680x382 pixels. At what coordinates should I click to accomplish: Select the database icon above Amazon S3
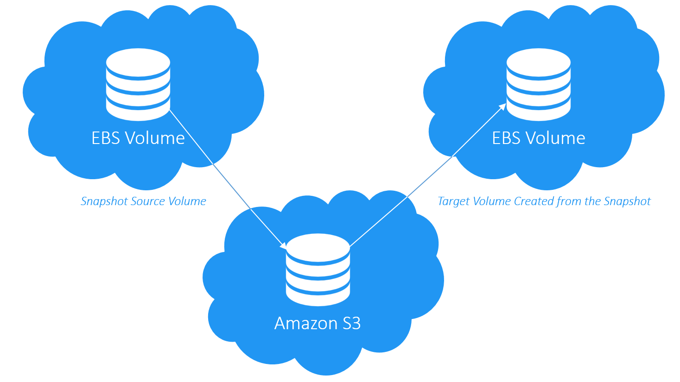[318, 269]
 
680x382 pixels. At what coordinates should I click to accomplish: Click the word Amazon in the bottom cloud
[305, 323]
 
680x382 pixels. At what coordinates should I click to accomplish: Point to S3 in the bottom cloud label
[351, 323]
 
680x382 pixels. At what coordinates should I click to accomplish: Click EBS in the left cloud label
[106, 138]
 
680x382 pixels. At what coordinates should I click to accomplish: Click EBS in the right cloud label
[506, 138]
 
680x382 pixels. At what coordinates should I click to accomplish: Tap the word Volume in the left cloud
[155, 138]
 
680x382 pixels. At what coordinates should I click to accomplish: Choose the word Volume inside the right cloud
[555, 138]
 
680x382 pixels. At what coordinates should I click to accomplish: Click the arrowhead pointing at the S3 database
[283, 245]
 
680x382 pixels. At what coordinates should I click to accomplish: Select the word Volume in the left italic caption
[187, 201]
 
